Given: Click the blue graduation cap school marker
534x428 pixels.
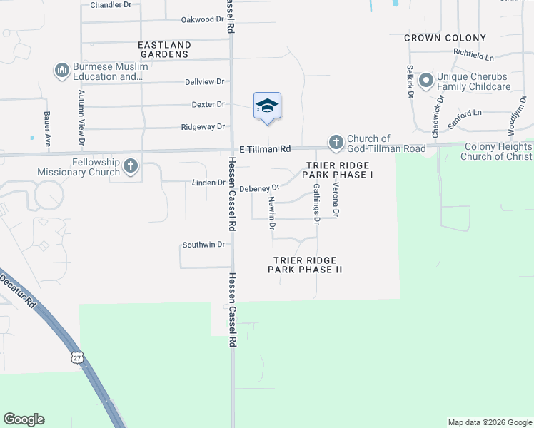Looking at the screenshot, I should (x=267, y=106).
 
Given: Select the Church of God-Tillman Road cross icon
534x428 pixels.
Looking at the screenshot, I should (x=336, y=143).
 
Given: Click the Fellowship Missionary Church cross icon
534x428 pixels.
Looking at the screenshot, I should (x=131, y=167).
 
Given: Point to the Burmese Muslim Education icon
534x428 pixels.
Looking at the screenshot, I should (x=61, y=71).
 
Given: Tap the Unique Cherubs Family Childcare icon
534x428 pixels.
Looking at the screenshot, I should (x=426, y=81).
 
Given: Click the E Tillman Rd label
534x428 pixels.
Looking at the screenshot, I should (x=265, y=149).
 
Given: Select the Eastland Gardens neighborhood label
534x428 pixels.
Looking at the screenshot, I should (x=163, y=49).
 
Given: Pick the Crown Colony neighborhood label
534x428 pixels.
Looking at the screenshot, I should (x=445, y=38).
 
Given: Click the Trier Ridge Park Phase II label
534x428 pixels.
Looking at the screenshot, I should (x=306, y=265).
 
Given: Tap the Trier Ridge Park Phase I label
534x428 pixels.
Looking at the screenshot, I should (x=340, y=170).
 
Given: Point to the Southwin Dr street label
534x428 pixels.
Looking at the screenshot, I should (x=203, y=245).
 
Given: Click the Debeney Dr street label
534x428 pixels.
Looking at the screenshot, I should (x=258, y=188).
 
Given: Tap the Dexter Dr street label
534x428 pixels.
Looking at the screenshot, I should (x=208, y=104).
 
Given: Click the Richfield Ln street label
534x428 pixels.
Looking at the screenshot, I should (x=473, y=55).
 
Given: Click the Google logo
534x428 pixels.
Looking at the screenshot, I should (x=24, y=419).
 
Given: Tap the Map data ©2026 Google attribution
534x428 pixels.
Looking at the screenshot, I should (x=490, y=422).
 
